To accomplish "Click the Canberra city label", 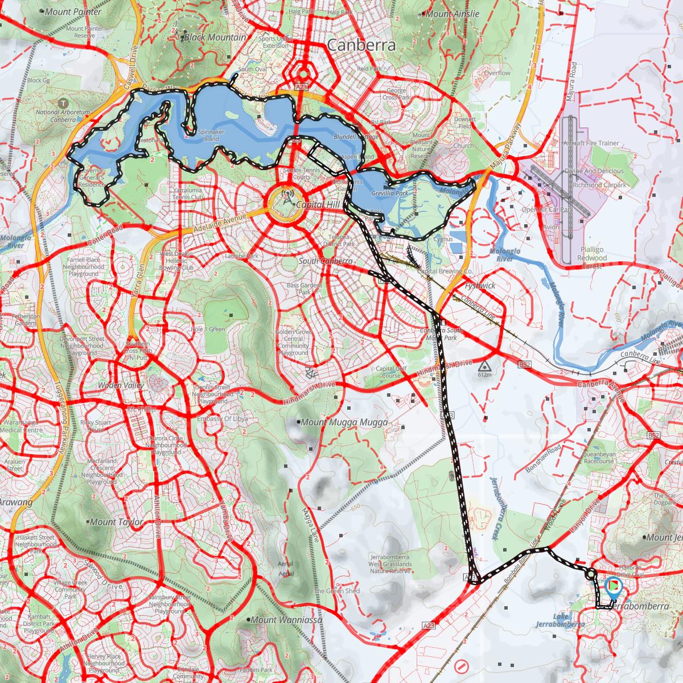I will pyautogui.click(x=361, y=46).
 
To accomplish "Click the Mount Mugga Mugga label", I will pyautogui.click(x=344, y=422).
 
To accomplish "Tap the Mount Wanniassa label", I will pyautogui.click(x=285, y=619).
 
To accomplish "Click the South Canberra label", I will pyautogui.click(x=326, y=261).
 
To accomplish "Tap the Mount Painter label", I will pyautogui.click(x=76, y=11).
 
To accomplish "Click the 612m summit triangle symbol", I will pyautogui.click(x=484, y=365).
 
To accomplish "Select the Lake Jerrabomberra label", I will pyautogui.click(x=561, y=620).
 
